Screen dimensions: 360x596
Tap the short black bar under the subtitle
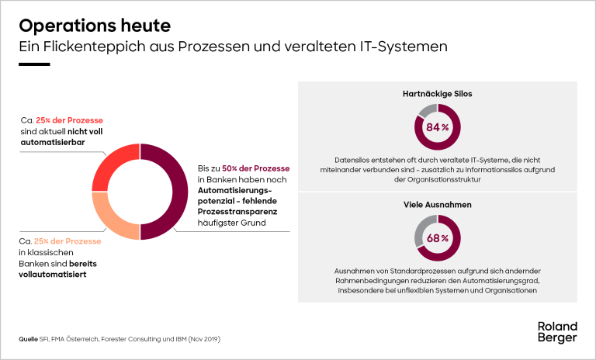(34, 64)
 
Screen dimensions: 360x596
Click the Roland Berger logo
(557, 331)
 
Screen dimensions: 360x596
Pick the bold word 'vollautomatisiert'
(52, 275)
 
